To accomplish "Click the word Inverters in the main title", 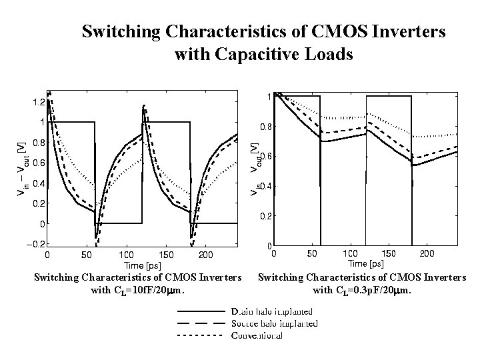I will [405, 31].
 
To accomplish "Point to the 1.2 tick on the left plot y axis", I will [37, 102].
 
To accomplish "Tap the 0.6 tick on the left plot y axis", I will [37, 163].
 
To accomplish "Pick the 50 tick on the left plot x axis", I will [86, 255].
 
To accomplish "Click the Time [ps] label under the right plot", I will [366, 264].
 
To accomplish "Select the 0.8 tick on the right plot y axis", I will [265, 127].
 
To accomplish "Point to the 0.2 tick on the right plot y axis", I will [265, 216].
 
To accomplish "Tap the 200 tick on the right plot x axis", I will [427, 254].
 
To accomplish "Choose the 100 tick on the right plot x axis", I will [350, 254].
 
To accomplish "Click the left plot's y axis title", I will [21, 168].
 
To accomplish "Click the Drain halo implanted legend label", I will [271, 311].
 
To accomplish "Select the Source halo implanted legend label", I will [273, 323].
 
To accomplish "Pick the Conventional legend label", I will [257, 335].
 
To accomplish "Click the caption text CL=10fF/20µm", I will [137, 290].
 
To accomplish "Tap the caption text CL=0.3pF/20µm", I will [362, 290].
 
